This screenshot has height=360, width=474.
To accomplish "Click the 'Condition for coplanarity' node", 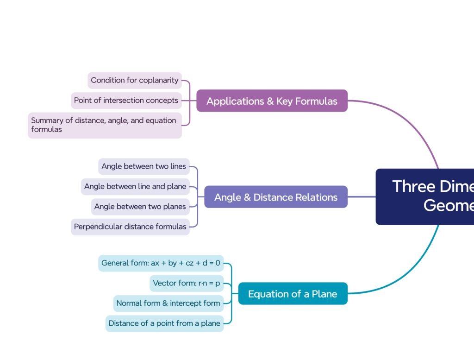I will [135, 80].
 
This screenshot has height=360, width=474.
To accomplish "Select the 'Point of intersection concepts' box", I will [126, 100].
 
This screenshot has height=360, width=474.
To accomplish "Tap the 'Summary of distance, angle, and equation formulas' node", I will [105, 125].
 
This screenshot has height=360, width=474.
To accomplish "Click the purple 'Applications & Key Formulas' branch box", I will [272, 101].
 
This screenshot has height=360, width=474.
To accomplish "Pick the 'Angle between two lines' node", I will [144, 166].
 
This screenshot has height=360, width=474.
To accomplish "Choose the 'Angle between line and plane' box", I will [135, 187].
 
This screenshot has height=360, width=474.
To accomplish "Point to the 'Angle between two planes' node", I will [140, 207].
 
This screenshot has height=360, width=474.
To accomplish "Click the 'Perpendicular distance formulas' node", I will [130, 227].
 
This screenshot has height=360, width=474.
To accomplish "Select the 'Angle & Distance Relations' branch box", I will [276, 197].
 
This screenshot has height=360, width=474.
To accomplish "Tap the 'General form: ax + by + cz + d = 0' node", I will [161, 263].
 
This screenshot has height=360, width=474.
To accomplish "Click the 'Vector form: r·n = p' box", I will [187, 283].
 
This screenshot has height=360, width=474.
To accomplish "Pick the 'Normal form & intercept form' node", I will [168, 303].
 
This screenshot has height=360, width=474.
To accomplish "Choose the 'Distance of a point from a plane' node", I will [164, 323].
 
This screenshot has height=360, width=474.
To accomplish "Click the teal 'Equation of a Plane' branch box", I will [293, 294].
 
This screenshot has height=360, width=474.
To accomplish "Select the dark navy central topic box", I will [424, 196].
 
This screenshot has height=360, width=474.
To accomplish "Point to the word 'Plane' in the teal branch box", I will [324, 294].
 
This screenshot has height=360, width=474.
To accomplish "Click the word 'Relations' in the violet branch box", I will [317, 197].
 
